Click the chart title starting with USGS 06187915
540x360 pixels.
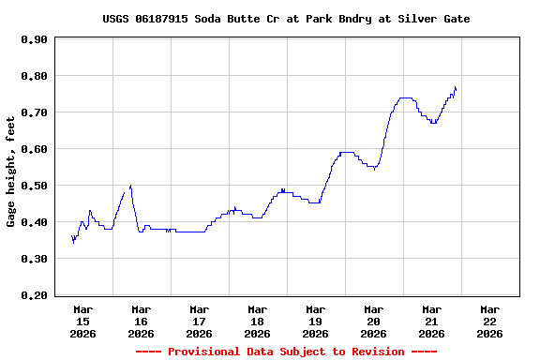click(286, 19)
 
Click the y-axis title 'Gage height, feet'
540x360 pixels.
click(11, 172)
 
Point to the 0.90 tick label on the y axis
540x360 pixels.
click(34, 39)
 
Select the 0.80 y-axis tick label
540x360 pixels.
click(34, 76)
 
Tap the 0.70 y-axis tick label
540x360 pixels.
click(34, 112)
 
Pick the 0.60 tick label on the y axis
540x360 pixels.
click(34, 149)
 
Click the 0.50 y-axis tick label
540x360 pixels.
click(34, 186)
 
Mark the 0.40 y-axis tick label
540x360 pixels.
click(34, 222)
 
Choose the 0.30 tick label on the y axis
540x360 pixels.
click(34, 259)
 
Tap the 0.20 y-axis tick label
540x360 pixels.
click(34, 295)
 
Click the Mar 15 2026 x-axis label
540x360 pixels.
click(82, 321)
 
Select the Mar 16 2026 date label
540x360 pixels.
click(141, 321)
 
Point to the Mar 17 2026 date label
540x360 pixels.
click(199, 321)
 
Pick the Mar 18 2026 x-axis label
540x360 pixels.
click(257, 321)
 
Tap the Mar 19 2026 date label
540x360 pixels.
click(315, 321)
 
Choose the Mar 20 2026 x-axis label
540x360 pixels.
click(373, 321)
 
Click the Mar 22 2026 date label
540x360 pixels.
click(489, 321)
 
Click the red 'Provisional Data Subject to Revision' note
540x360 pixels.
click(286, 352)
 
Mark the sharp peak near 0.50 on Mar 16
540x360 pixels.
click(130, 186)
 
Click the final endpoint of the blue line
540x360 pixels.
click(456, 89)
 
